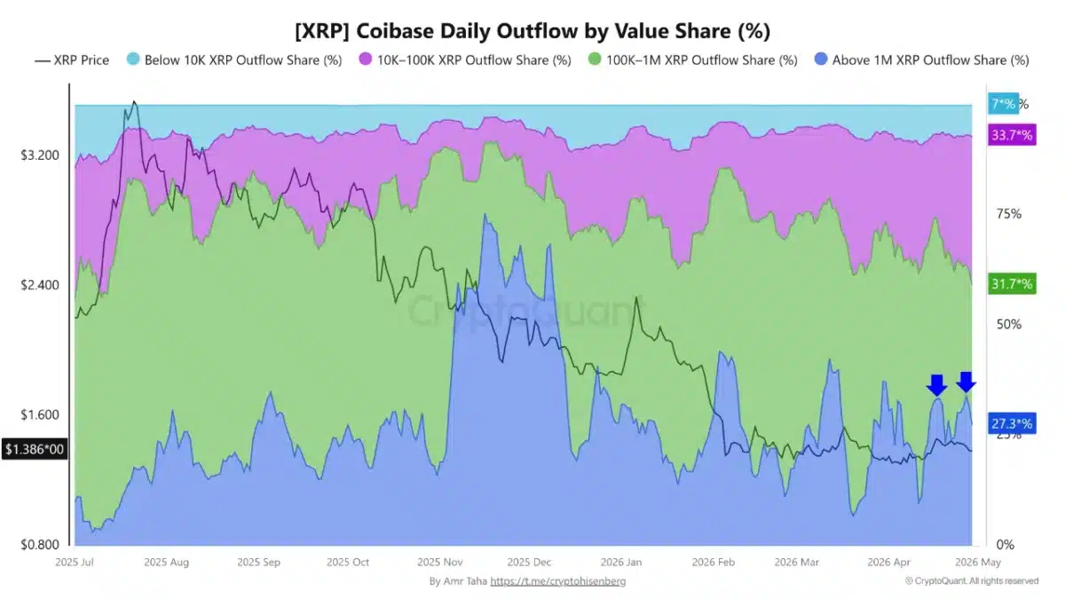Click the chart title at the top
pos(532,31)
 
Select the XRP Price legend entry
pos(72,60)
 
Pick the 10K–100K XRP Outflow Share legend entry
pos(466,60)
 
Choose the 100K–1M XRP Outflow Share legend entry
pos(692,60)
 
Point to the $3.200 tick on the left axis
pos(40,155)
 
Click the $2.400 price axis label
pos(40,285)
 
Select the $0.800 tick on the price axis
pos(40,545)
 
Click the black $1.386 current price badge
pos(35,450)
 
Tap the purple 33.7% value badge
pos(1012,136)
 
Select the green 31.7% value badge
pos(1012,284)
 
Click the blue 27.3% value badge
pos(1012,423)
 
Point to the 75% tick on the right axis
pos(1009,214)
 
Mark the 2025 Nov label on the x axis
pos(440,562)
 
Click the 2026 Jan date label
pos(621,562)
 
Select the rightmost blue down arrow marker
pos(966,382)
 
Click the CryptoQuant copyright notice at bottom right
pos(971,581)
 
